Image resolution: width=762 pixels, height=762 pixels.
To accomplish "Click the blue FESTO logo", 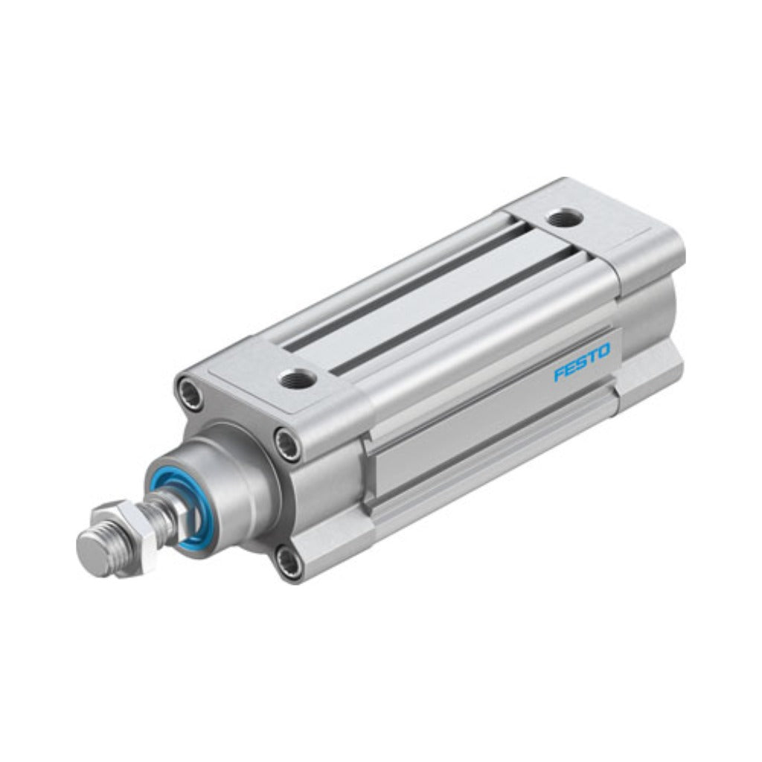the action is [582, 362].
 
